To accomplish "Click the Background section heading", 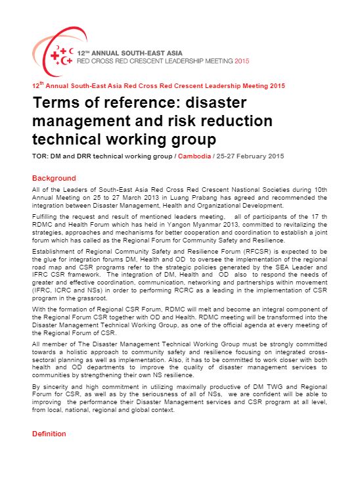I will click(x=54, y=178).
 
